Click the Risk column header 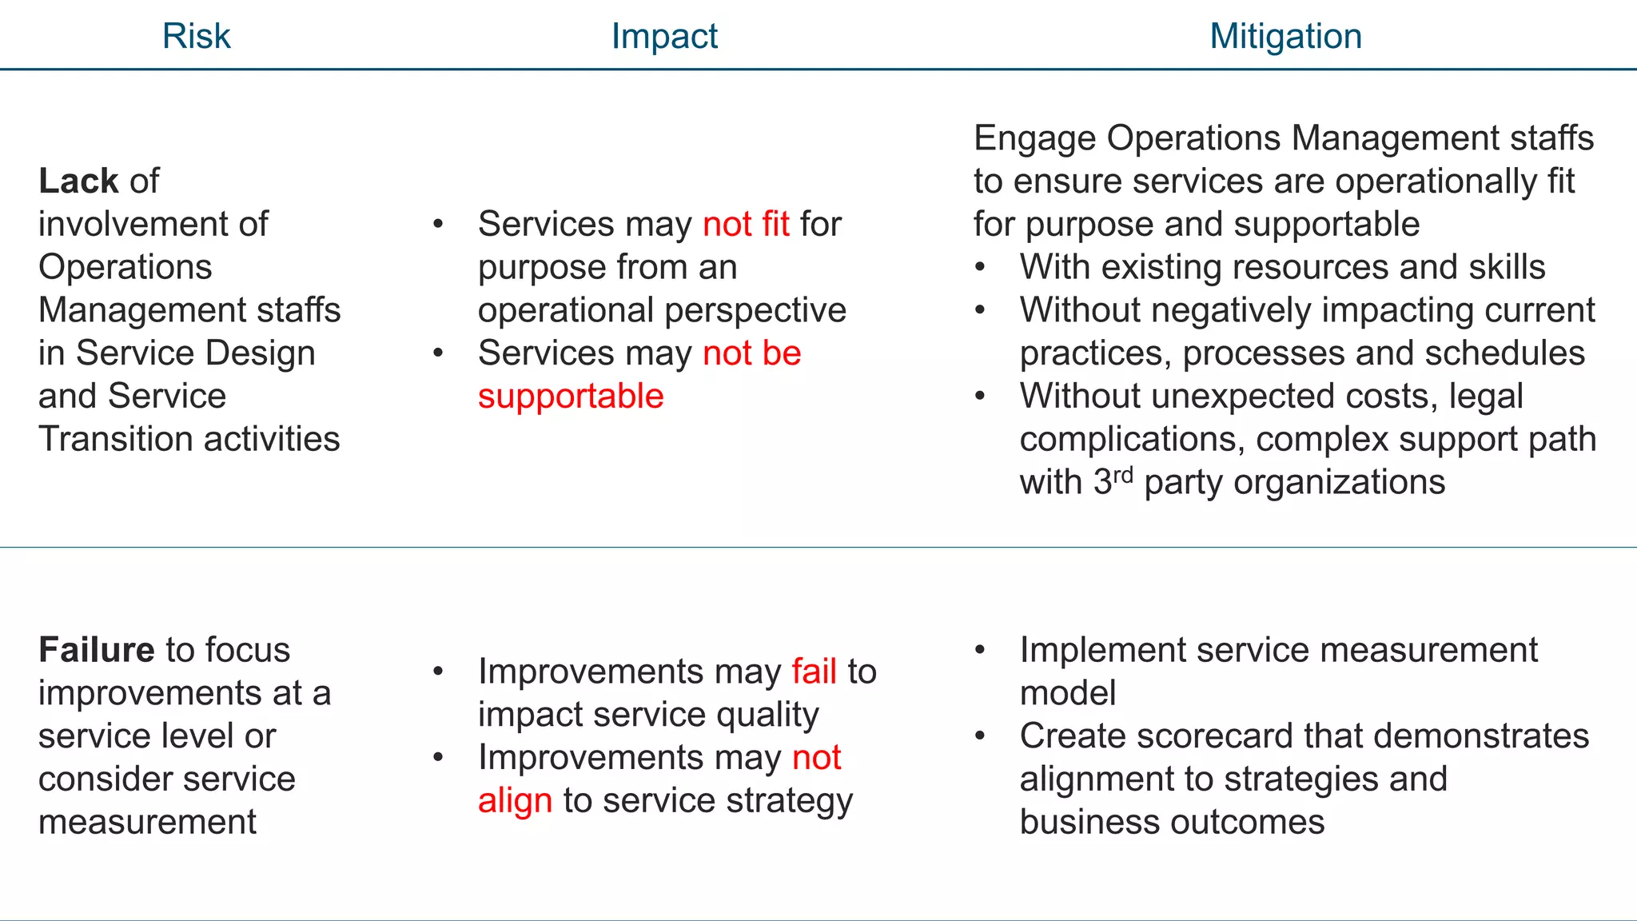coord(196,36)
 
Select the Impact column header coord(664,36)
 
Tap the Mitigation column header coord(1285,36)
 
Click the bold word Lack coord(78,181)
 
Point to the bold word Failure coord(96,649)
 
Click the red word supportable coord(571,397)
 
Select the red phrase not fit coord(746,224)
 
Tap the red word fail coord(814,671)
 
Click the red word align coord(515,800)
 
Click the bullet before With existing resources coord(980,267)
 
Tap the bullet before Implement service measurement coord(980,650)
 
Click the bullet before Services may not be coord(438,353)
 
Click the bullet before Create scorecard coord(980,736)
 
